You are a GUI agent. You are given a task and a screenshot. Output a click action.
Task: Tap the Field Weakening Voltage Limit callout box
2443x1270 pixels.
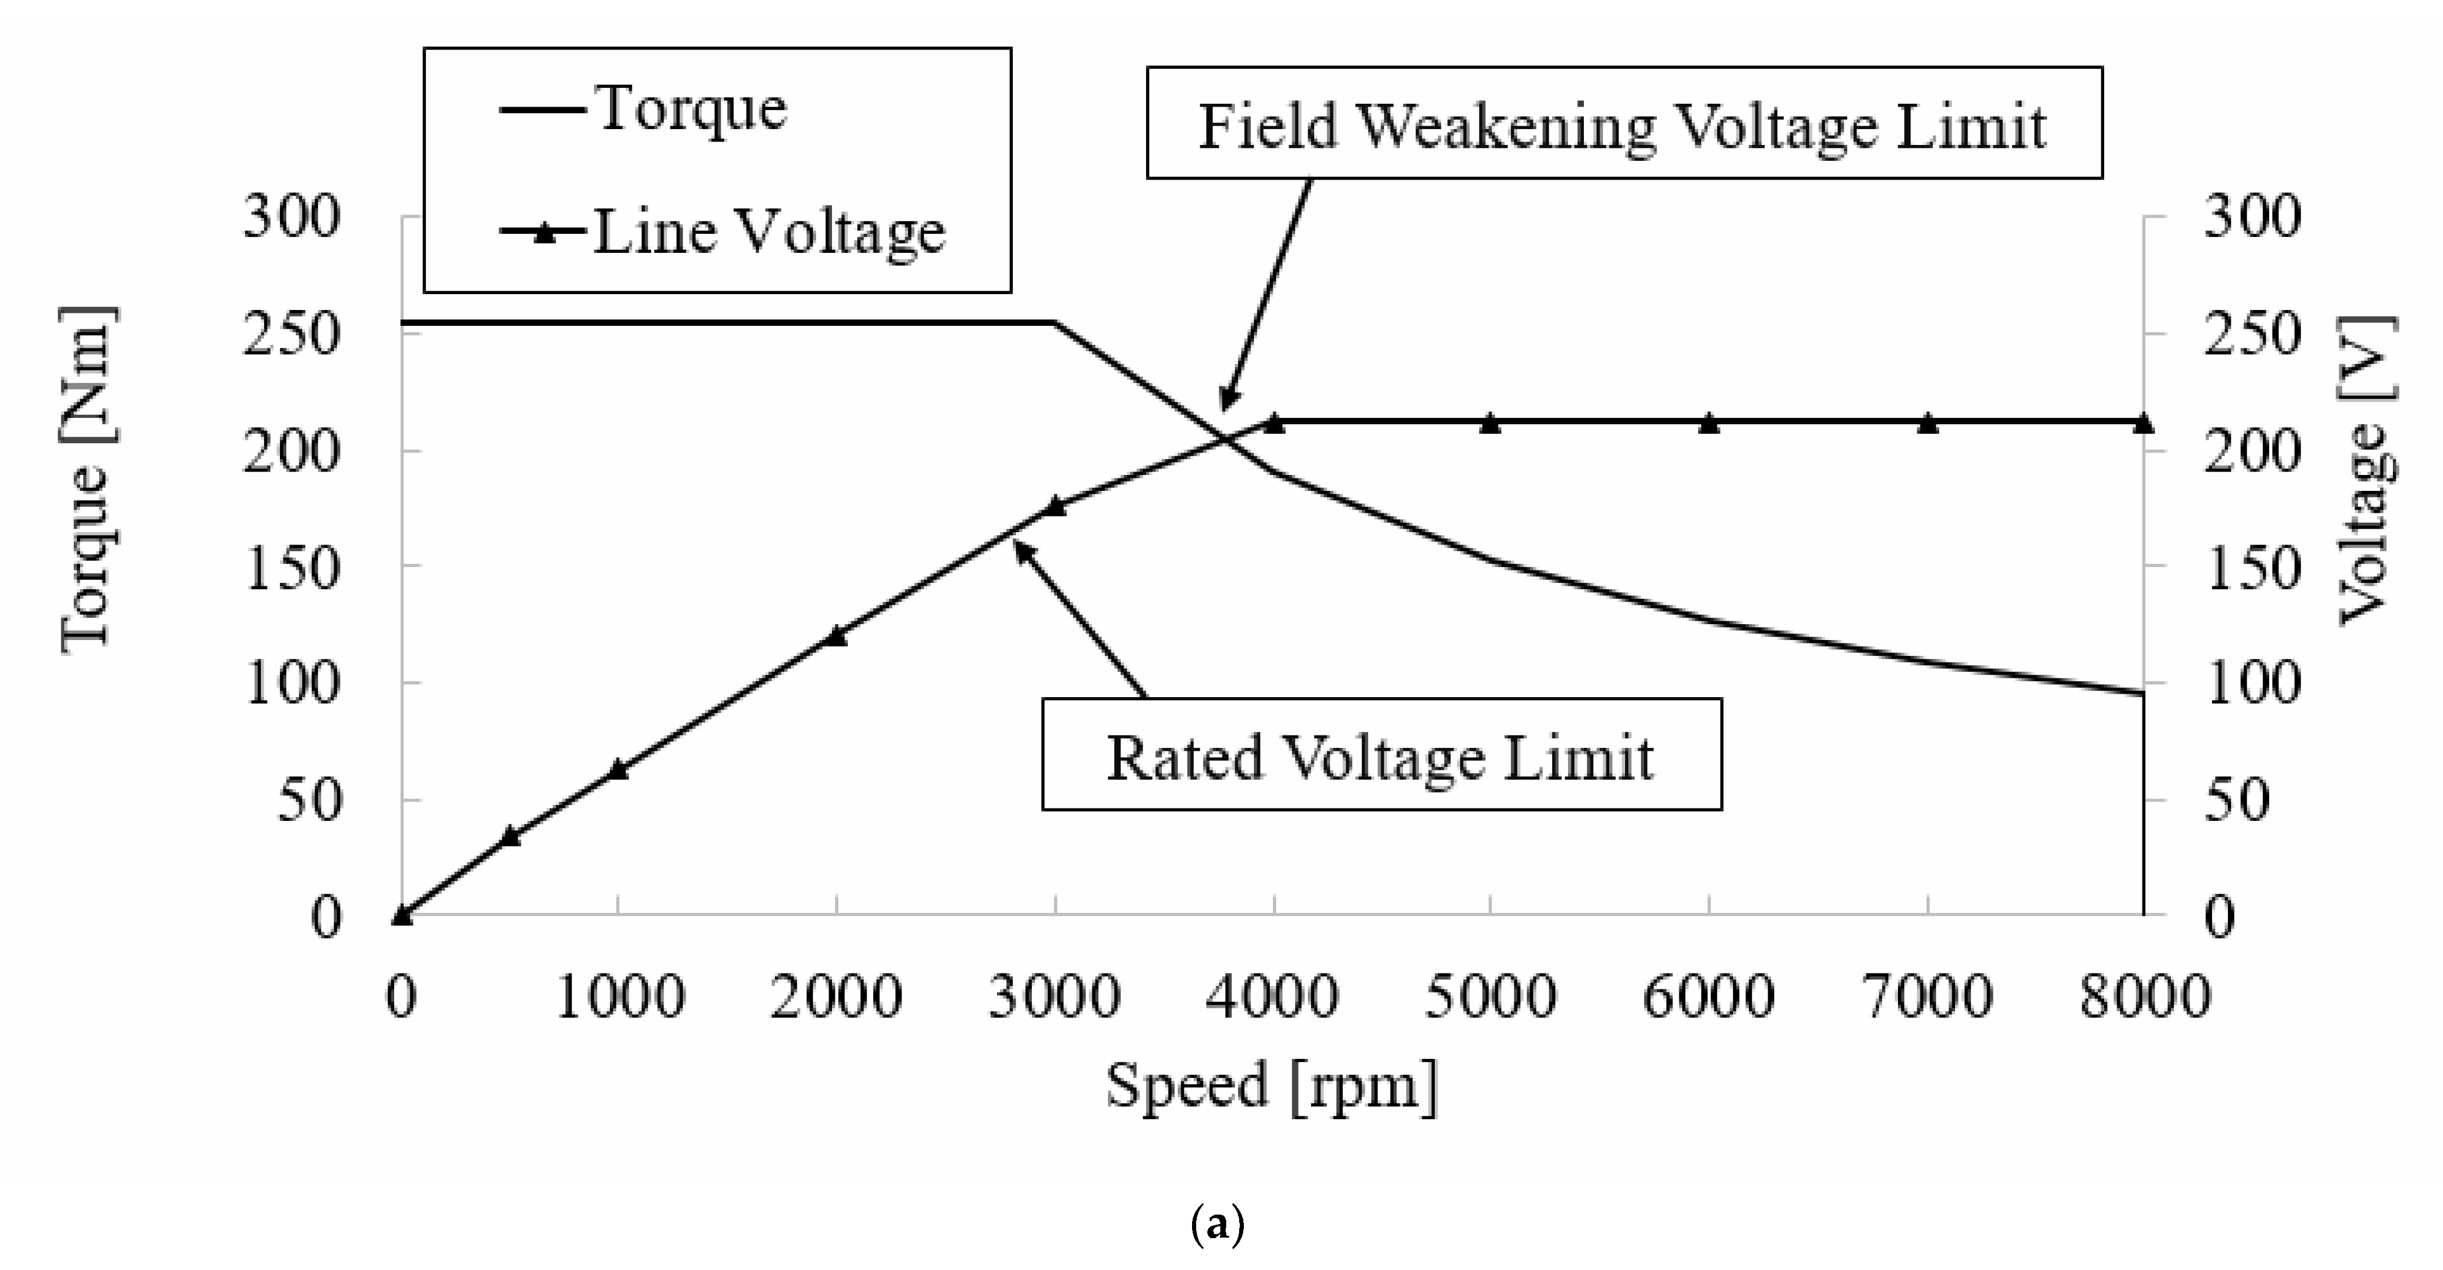[x=1623, y=123]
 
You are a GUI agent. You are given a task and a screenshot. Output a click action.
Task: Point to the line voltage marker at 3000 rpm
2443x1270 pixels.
[x=1055, y=506]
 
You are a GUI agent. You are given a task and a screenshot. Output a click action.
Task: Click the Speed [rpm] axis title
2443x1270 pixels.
[x=1272, y=1087]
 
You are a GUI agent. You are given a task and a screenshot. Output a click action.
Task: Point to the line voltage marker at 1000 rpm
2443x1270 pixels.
[x=618, y=769]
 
